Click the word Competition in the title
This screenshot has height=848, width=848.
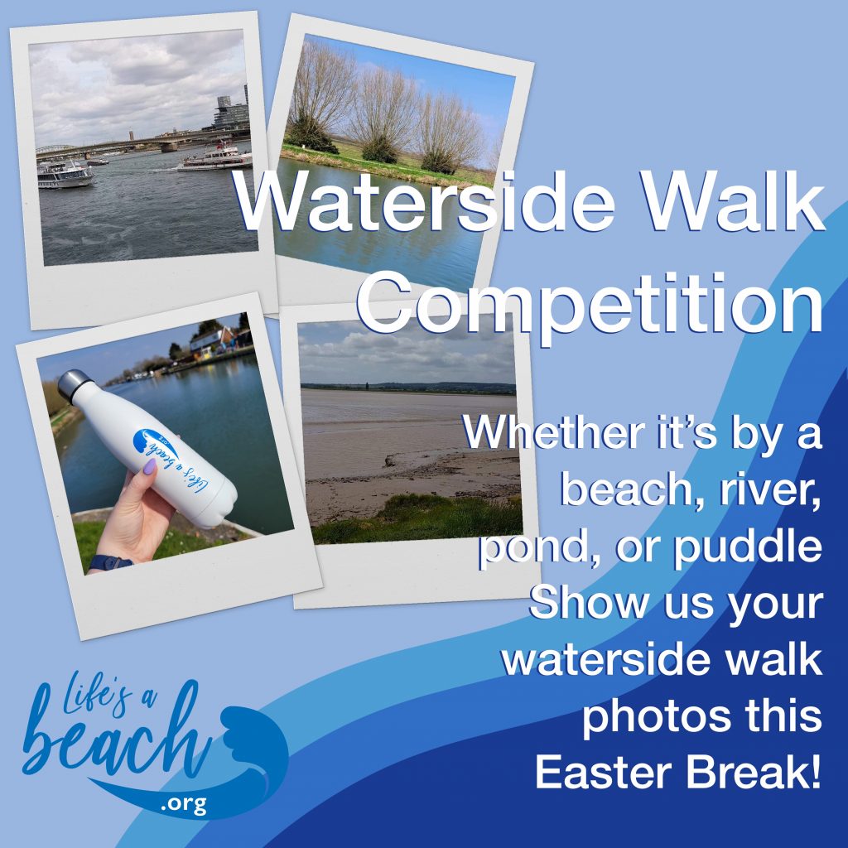coord(590,304)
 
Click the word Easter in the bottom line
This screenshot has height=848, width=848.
coord(603,773)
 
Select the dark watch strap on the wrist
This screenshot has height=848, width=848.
coord(110,562)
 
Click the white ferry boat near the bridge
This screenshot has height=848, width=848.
coord(215,158)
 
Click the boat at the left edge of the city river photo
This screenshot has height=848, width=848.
coord(64,176)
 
